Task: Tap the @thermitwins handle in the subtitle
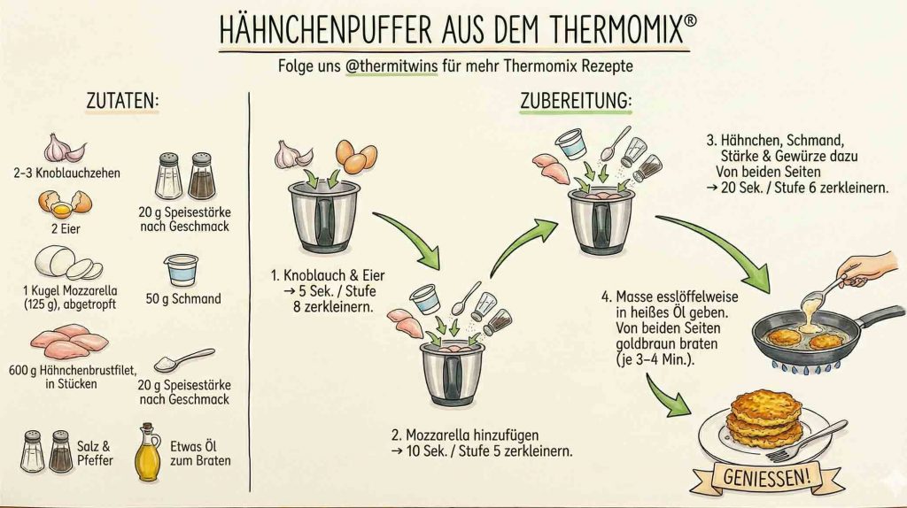click(x=391, y=65)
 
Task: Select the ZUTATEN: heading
click(x=122, y=101)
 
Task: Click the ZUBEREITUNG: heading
click(x=576, y=101)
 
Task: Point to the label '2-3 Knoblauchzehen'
click(x=67, y=173)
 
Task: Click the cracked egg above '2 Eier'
click(x=65, y=204)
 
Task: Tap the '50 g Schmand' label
click(x=183, y=299)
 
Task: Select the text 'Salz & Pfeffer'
click(x=95, y=453)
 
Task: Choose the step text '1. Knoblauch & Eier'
click(x=328, y=275)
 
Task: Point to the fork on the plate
click(x=806, y=442)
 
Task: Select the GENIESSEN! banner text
click(x=767, y=477)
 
